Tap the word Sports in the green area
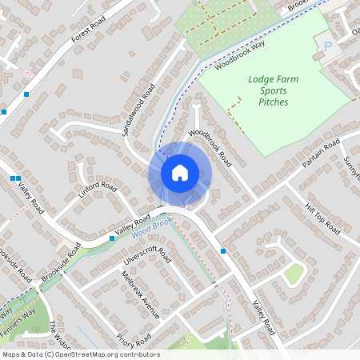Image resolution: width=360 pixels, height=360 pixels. [273, 90]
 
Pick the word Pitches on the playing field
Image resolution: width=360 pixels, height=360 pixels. [273, 102]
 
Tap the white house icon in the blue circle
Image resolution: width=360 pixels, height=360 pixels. [179, 172]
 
